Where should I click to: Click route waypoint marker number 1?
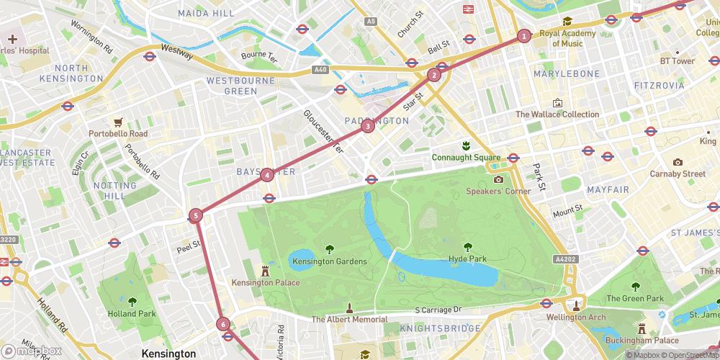tap(523, 35)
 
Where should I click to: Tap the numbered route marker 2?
tap(433, 75)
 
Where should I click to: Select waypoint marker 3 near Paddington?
tap(368, 127)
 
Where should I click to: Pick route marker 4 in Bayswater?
tap(267, 174)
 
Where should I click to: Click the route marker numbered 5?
tap(196, 215)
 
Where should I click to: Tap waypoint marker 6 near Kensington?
tap(223, 324)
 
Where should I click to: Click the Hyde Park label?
tap(468, 258)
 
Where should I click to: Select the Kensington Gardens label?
tap(329, 261)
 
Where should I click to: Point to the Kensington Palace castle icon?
tap(265, 270)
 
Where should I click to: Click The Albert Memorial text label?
tap(349, 319)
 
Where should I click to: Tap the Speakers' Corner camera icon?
tap(498, 179)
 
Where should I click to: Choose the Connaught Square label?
tap(466, 157)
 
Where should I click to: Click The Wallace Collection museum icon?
tap(557, 103)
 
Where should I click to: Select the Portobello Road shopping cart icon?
tap(117, 122)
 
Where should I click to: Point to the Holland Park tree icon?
tap(132, 302)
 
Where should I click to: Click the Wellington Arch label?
tap(575, 317)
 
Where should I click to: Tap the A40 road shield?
tap(320, 70)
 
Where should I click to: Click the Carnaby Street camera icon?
tap(678, 162)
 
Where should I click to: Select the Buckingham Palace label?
tap(642, 340)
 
